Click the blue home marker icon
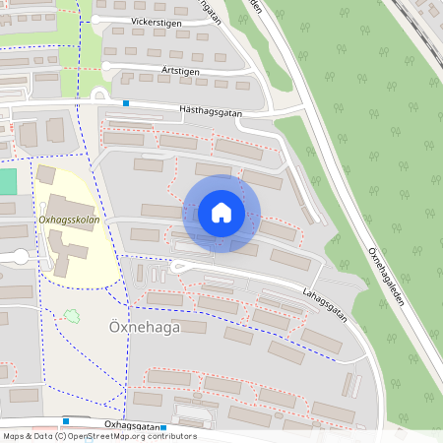tap(221, 213)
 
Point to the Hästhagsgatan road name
tap(211, 112)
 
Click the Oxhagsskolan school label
tap(68, 220)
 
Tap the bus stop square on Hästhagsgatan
tap(126, 102)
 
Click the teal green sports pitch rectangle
tap(8, 181)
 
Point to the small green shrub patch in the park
tap(71, 317)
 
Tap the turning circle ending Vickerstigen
tap(95, 20)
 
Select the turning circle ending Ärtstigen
tap(105, 67)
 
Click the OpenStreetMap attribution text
tap(98, 436)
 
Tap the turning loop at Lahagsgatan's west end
tap(178, 265)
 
